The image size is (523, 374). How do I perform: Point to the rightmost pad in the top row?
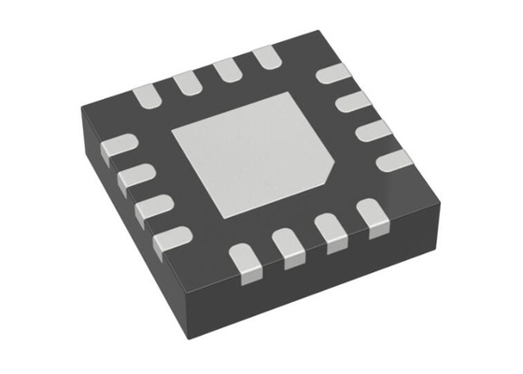click(265, 58)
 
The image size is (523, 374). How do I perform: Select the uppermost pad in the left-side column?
click(120, 146)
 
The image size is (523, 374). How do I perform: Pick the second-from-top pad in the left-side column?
click(135, 174)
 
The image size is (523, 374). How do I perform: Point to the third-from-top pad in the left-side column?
click(153, 207)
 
